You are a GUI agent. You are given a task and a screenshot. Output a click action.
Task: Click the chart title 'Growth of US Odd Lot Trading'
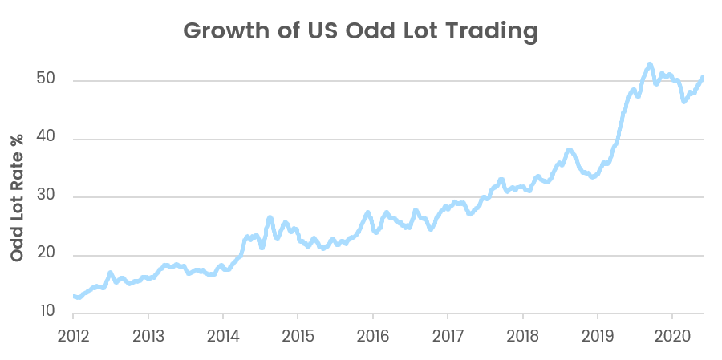(360, 31)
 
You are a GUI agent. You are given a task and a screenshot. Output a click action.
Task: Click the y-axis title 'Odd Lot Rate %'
(17, 196)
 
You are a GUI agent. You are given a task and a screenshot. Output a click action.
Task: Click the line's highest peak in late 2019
(649, 63)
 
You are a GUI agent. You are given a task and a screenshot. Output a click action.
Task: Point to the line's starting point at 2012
(74, 297)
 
